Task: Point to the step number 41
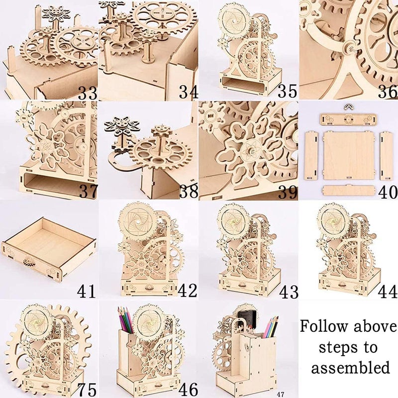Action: (87, 291)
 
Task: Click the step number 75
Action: (86, 389)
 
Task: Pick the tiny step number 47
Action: (281, 394)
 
